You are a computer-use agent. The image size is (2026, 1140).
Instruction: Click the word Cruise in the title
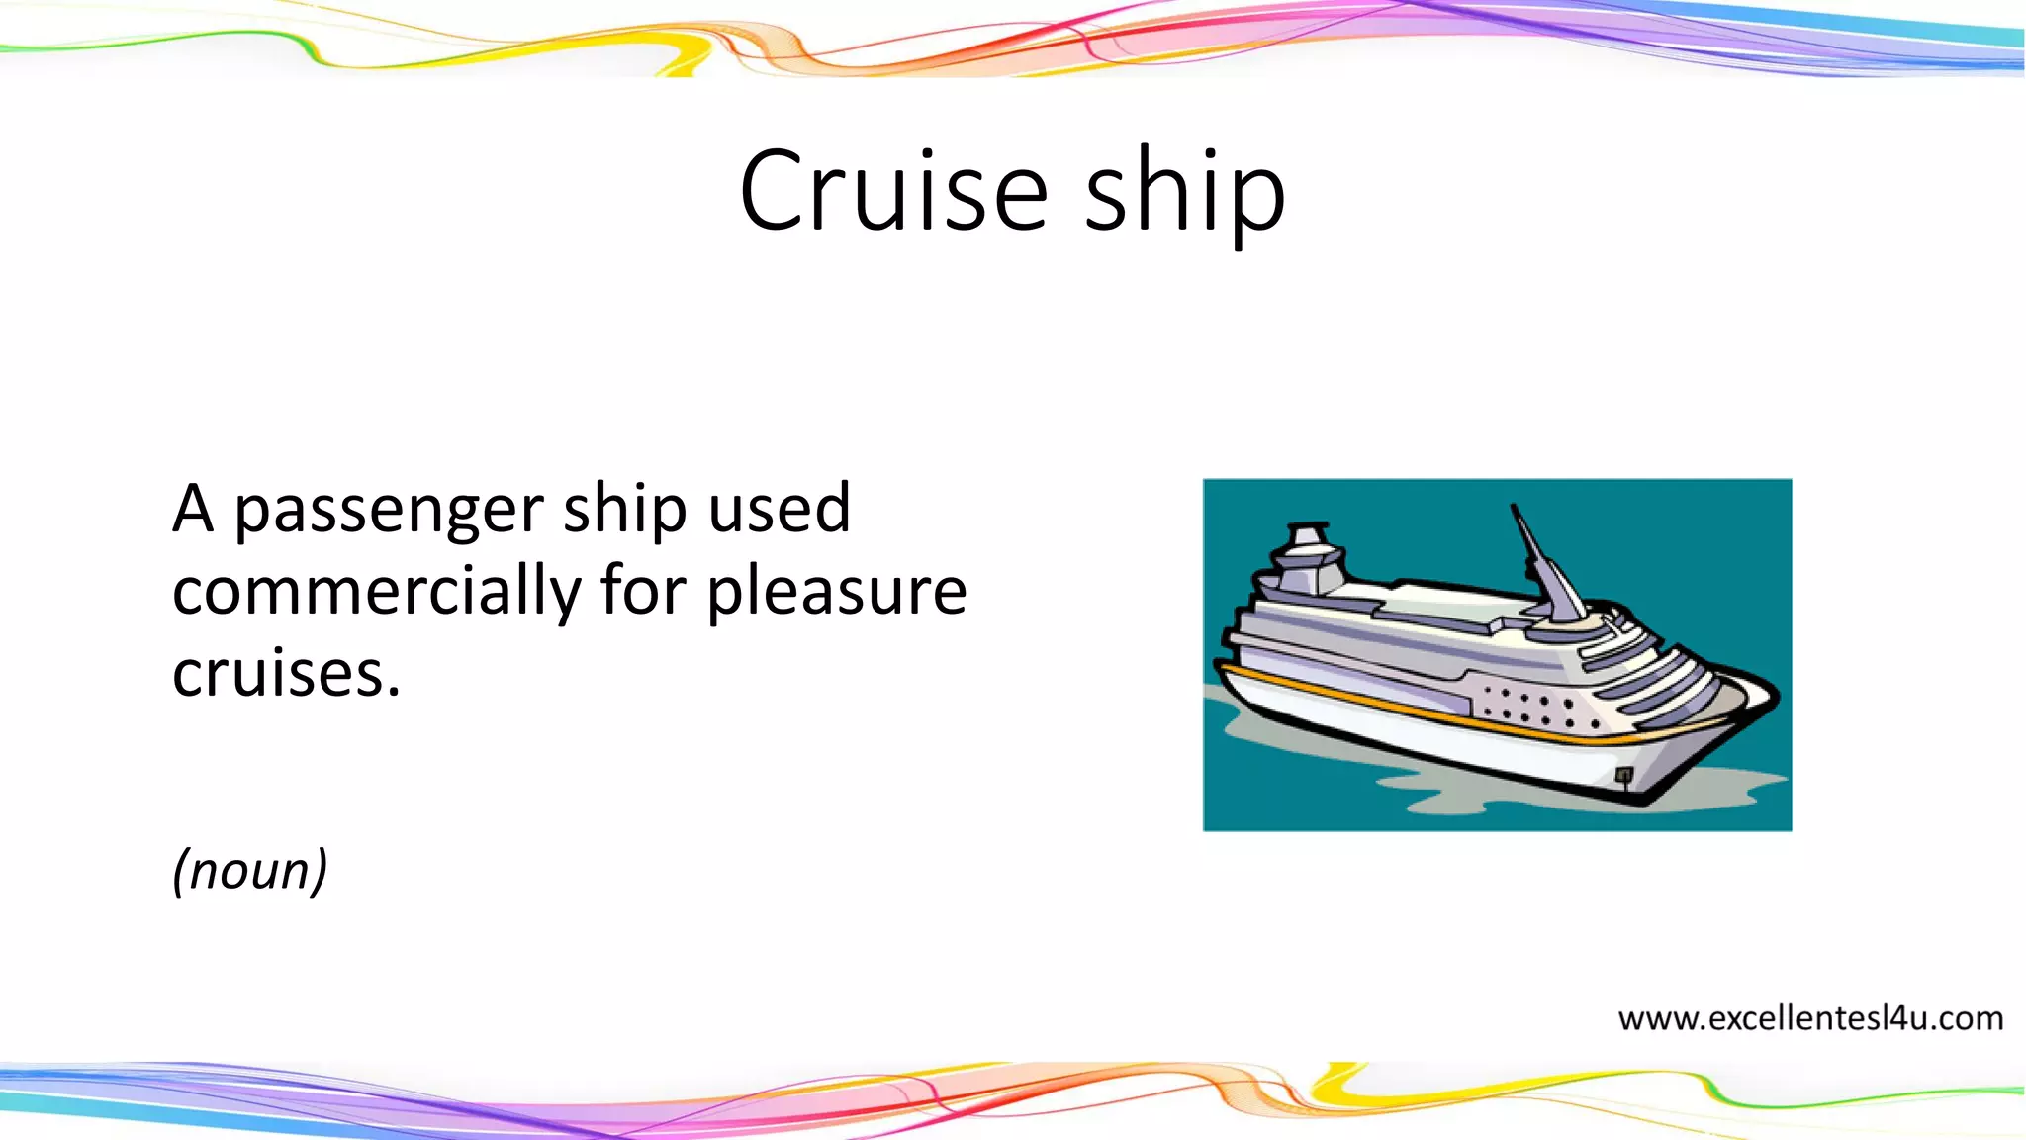coord(893,190)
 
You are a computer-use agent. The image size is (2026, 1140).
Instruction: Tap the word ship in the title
coord(1185,190)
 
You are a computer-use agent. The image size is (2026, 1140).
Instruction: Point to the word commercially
coord(377,593)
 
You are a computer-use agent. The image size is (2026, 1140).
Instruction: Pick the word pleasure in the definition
coord(837,593)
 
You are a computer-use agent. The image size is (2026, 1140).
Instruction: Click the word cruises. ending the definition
coord(286,674)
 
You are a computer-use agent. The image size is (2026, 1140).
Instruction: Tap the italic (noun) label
coord(249,871)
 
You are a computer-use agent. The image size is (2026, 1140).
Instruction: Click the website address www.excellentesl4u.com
coord(1810,1017)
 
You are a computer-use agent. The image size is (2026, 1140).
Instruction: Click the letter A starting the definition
coord(193,509)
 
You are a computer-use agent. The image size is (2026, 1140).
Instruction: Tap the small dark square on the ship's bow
coord(1623,774)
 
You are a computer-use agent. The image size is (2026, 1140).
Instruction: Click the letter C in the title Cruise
coord(776,190)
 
